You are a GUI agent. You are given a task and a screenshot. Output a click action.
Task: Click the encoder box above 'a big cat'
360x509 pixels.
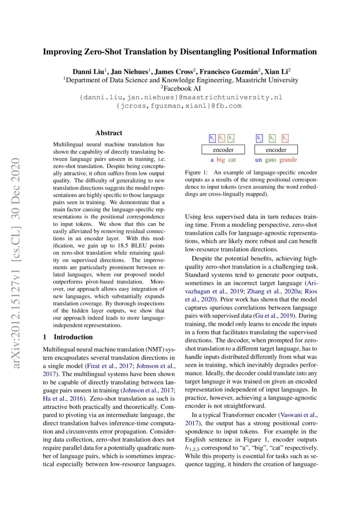(x=223, y=150)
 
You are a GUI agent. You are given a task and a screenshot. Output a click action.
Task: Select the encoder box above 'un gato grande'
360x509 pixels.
(x=276, y=150)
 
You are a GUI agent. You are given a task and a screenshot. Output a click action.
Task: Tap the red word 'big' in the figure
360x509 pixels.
(x=221, y=160)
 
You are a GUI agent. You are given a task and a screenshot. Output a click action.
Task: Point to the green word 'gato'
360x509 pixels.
(x=271, y=160)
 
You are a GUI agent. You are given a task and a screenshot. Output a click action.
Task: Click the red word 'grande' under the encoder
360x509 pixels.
(x=288, y=160)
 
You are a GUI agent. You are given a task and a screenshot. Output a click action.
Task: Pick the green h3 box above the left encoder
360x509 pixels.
(x=231, y=138)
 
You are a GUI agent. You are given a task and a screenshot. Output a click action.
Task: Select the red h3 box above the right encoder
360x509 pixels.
(x=285, y=138)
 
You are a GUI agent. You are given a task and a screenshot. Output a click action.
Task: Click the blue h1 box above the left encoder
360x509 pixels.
(x=212, y=138)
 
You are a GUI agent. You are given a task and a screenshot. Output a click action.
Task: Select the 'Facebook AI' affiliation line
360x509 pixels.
(x=180, y=88)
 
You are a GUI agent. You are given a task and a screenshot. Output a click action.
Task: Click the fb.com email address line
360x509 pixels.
(x=179, y=106)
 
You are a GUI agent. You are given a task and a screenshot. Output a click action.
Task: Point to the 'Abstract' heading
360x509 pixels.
(x=109, y=133)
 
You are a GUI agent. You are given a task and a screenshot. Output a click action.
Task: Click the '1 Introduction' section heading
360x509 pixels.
(x=68, y=337)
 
